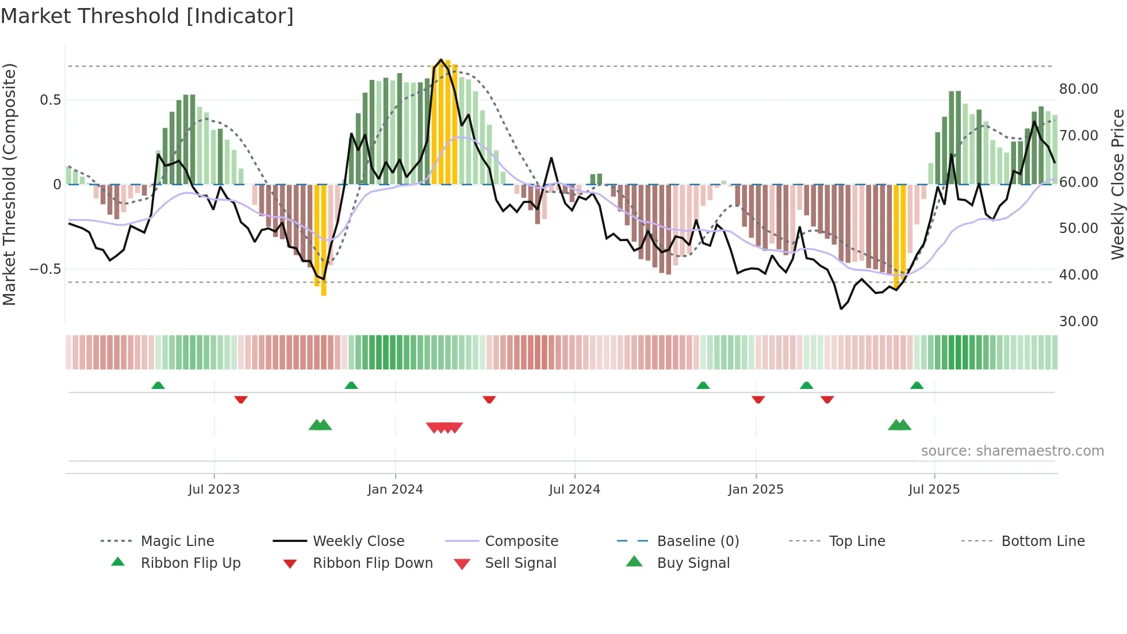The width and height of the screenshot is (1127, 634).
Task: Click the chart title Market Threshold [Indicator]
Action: pyautogui.click(x=147, y=16)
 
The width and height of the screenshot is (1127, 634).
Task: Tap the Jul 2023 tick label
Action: pyautogui.click(x=214, y=490)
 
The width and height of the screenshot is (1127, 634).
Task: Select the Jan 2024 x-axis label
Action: pyautogui.click(x=396, y=490)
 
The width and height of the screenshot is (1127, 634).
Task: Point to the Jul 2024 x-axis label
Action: pyautogui.click(x=574, y=490)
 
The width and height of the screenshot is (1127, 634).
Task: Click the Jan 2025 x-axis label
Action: pyautogui.click(x=756, y=490)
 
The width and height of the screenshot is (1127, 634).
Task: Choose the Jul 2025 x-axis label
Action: pyautogui.click(x=934, y=490)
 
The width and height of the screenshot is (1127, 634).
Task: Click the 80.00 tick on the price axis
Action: pyautogui.click(x=1079, y=89)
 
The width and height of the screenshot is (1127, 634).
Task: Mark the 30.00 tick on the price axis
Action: pyautogui.click(x=1079, y=322)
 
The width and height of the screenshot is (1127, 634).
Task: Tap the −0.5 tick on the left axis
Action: pyautogui.click(x=45, y=269)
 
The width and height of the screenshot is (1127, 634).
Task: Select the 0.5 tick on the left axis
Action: pyautogui.click(x=50, y=100)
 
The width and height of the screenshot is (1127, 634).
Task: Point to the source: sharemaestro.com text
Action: pyautogui.click(x=1012, y=451)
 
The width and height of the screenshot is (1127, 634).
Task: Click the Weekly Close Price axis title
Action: pyautogui.click(x=1117, y=184)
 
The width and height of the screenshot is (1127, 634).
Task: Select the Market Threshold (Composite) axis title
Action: pyautogui.click(x=9, y=184)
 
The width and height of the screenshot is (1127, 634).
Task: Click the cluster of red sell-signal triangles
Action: pyautogui.click(x=444, y=427)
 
